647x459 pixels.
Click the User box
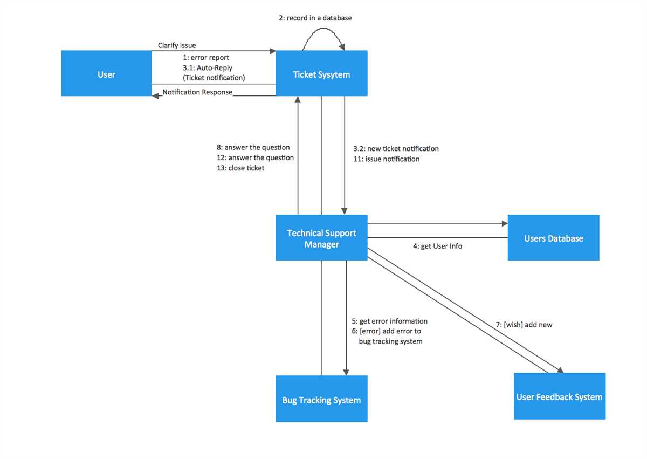pyautogui.click(x=106, y=73)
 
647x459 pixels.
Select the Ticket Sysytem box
pyautogui.click(x=322, y=73)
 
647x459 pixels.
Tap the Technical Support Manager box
pyautogui.click(x=322, y=237)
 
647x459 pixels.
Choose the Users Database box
pyautogui.click(x=553, y=237)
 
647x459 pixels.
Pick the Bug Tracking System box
pyautogui.click(x=322, y=399)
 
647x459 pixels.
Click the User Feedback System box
pyautogui.click(x=560, y=396)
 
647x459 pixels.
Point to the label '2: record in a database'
pyautogui.click(x=315, y=18)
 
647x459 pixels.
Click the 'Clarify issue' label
pyautogui.click(x=177, y=45)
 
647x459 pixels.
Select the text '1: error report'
pyautogui.click(x=206, y=58)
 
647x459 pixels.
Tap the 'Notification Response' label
pyautogui.click(x=197, y=92)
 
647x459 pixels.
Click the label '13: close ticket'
pyautogui.click(x=240, y=168)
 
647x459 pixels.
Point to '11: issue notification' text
pyautogui.click(x=387, y=159)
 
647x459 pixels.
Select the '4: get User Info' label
pyautogui.click(x=437, y=246)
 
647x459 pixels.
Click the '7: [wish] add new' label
pyautogui.click(x=524, y=325)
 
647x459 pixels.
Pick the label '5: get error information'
pyautogui.click(x=389, y=321)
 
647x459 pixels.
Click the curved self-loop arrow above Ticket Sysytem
pyautogui.click(x=323, y=28)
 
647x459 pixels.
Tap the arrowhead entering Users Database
pyautogui.click(x=505, y=223)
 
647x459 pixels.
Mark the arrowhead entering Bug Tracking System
pyautogui.click(x=346, y=373)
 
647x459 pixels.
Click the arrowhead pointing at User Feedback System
pyautogui.click(x=561, y=371)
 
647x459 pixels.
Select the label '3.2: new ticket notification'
pyautogui.click(x=396, y=149)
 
